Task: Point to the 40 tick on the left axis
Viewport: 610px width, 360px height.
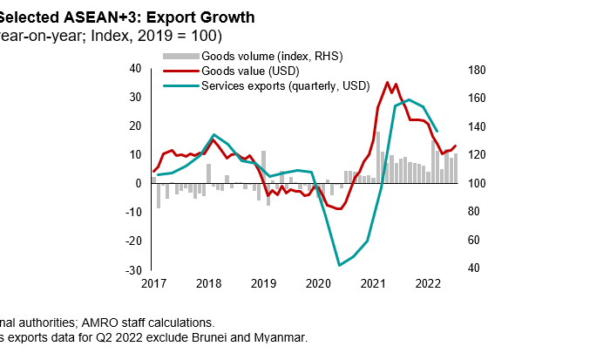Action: [135, 68]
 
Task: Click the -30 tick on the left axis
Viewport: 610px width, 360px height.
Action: [133, 269]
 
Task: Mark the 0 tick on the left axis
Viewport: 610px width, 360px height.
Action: [139, 183]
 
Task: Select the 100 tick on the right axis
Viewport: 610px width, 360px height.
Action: [478, 184]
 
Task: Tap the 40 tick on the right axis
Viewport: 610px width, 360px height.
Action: [476, 268]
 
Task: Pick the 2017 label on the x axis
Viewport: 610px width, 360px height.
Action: [153, 283]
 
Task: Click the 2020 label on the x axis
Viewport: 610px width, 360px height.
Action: [319, 283]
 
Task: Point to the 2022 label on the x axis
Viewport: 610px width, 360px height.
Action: [428, 283]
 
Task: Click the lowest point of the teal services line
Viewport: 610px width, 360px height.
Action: [339, 265]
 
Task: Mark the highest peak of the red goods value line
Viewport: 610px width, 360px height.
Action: [387, 83]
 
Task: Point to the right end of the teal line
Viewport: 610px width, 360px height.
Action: [437, 131]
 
